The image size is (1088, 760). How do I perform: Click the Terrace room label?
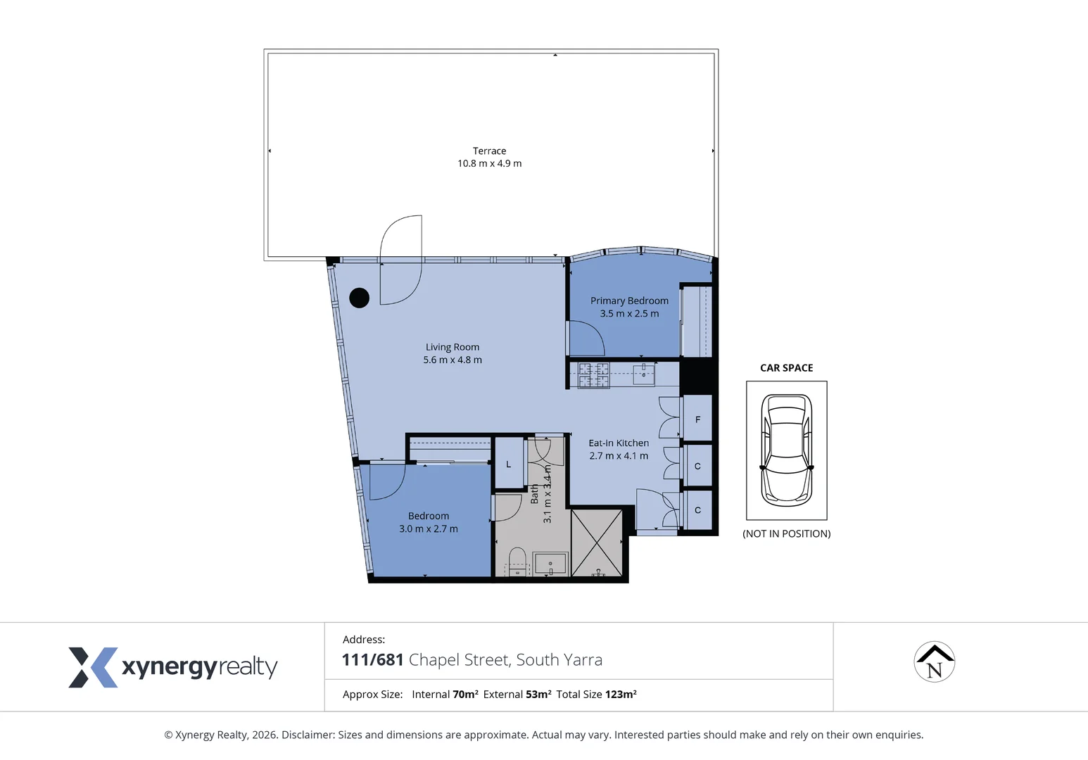pos(489,151)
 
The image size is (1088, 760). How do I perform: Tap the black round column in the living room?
pos(359,298)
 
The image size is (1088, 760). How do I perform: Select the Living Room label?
pos(453,347)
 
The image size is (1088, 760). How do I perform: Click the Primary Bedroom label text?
pos(629,300)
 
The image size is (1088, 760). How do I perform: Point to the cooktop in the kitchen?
pos(594,375)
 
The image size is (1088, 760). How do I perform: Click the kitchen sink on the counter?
pos(644,374)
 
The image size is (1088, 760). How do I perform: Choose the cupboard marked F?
pos(697,419)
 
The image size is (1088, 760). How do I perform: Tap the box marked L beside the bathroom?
pos(509,464)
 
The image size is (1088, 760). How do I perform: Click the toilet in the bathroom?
pos(517,562)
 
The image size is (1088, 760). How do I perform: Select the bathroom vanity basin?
pos(550,564)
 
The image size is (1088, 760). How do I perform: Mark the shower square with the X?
pos(596,543)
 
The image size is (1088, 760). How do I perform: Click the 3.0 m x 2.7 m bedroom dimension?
pos(428,529)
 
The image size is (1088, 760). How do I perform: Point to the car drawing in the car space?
pos(786,450)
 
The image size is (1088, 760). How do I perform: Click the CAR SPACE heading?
pos(786,368)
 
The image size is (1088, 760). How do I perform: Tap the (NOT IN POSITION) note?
pos(786,534)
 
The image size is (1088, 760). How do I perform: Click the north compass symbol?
pos(934,662)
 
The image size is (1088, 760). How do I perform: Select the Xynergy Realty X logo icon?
pos(92,667)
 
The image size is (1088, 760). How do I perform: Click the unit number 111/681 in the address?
pos(372,660)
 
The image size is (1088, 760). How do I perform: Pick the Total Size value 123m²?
pos(620,695)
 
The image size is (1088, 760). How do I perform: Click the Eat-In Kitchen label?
pos(619,443)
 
